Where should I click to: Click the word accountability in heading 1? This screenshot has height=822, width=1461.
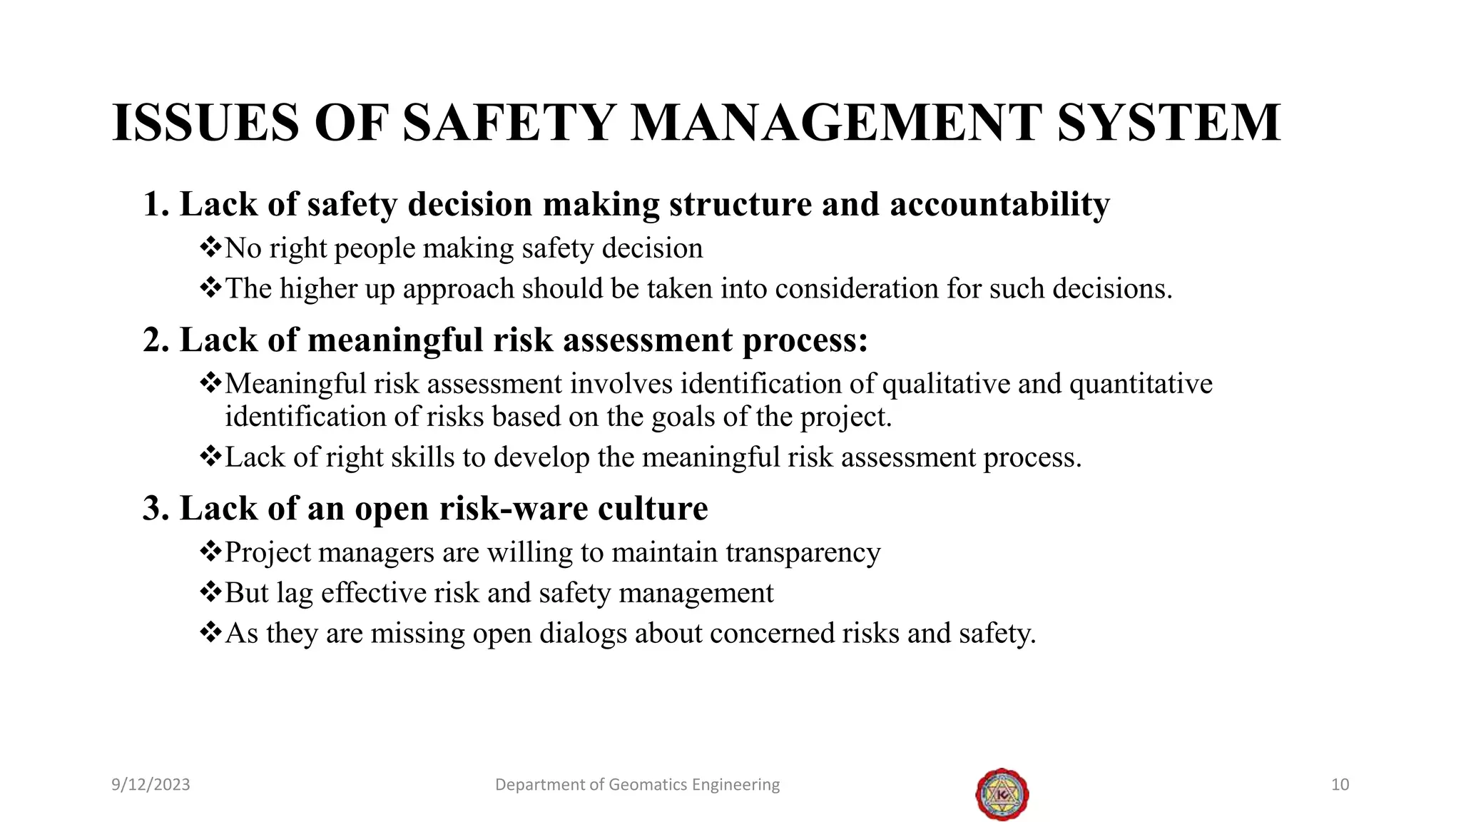point(999,204)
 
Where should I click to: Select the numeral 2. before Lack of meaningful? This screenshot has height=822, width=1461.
point(156,340)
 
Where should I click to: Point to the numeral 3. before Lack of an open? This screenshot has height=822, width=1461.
point(156,509)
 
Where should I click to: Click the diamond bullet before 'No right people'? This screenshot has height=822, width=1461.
point(210,248)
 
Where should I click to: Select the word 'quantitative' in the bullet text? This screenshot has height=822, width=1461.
point(1141,385)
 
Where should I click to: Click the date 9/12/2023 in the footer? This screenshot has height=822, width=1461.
point(151,785)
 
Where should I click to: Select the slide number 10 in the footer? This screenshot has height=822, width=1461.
point(1340,785)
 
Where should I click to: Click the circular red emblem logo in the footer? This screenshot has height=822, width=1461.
point(1002,794)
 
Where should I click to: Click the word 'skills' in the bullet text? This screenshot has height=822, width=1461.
point(421,457)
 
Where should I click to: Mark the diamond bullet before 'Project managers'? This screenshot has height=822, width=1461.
point(210,552)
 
